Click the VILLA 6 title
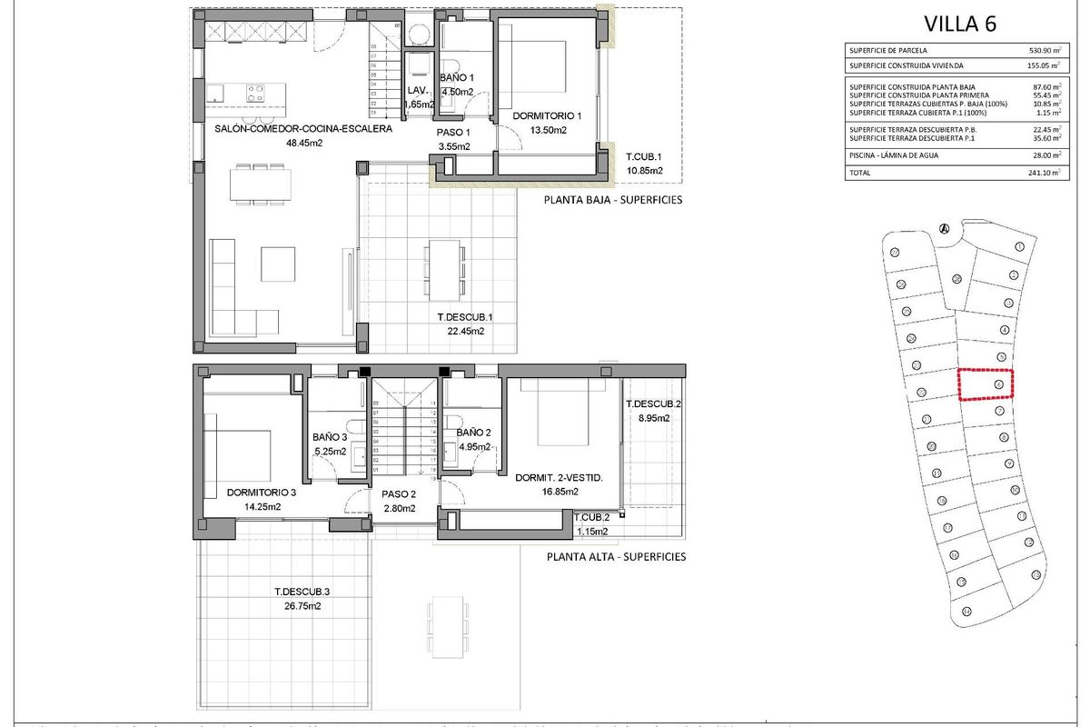(960, 24)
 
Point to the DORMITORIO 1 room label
(547, 116)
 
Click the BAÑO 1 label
(457, 79)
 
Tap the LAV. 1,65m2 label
(418, 96)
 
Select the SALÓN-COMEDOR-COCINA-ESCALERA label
(303, 129)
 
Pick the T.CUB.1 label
(643, 156)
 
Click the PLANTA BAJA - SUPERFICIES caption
(612, 200)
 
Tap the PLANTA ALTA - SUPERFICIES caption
(615, 557)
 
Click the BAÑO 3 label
(330, 436)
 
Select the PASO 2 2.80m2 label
(399, 501)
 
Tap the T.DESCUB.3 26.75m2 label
(302, 598)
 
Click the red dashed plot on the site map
(986, 384)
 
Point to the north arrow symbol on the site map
(945, 228)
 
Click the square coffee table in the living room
(278, 264)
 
